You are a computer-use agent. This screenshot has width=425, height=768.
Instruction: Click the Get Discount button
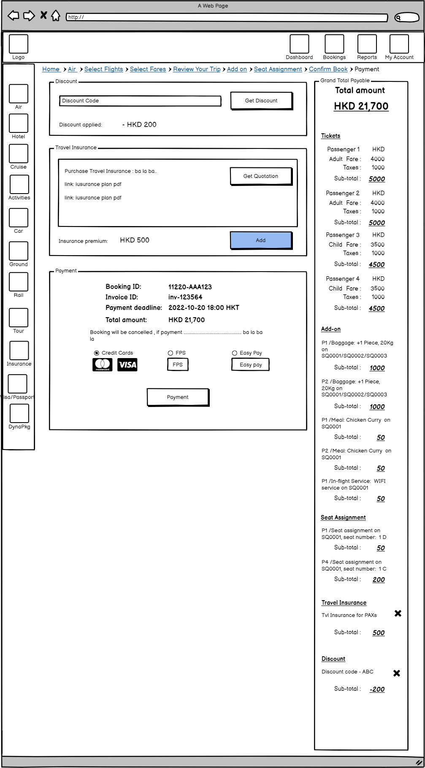pyautogui.click(x=261, y=101)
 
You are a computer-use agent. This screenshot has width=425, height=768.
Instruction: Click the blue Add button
pyautogui.click(x=261, y=240)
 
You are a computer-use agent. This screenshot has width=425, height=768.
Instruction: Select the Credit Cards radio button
pyautogui.click(x=97, y=353)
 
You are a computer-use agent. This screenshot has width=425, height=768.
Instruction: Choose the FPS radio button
pyautogui.click(x=171, y=353)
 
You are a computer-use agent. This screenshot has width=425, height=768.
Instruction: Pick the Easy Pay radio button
pyautogui.click(x=235, y=353)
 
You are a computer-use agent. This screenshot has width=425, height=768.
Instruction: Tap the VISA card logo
pyautogui.click(x=127, y=365)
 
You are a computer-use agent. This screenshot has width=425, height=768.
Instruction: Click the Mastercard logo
pyautogui.click(x=102, y=365)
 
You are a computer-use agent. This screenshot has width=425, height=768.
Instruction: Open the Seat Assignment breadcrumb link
pyautogui.click(x=278, y=69)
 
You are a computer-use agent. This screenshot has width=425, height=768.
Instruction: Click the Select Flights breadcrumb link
pyautogui.click(x=103, y=69)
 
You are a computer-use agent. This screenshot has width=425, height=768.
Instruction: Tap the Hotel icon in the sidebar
pyautogui.click(x=19, y=123)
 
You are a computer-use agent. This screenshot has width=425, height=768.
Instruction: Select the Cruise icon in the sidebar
pyautogui.click(x=19, y=154)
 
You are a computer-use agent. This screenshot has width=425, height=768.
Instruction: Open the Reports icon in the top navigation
pyautogui.click(x=367, y=44)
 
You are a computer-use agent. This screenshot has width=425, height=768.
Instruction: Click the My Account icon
pyautogui.click(x=399, y=44)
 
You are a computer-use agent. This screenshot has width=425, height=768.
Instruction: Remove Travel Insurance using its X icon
pyautogui.click(x=398, y=613)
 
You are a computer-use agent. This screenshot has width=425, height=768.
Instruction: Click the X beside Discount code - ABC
pyautogui.click(x=397, y=673)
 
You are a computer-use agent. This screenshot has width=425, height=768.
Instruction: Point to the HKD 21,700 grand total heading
pyautogui.click(x=361, y=106)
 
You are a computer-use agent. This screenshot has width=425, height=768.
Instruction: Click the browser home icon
pyautogui.click(x=56, y=16)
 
